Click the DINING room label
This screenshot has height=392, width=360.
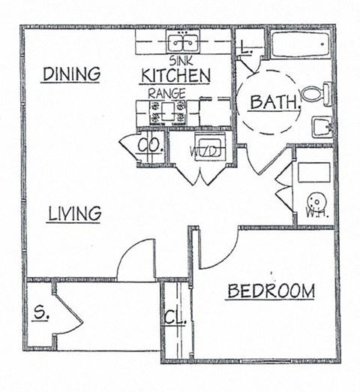71,74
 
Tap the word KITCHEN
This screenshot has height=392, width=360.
175,76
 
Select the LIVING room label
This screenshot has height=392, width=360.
74,213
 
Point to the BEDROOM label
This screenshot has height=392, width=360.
270,291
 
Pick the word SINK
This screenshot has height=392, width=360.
181,59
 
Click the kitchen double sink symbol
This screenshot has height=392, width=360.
181,42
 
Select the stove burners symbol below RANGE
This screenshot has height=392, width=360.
164,113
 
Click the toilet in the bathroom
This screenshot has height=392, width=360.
316,95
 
